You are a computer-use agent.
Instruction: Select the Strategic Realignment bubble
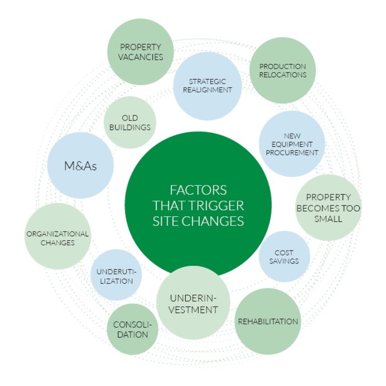[207, 86]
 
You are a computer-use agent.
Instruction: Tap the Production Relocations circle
[283, 70]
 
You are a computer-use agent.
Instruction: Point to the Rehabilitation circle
[268, 321]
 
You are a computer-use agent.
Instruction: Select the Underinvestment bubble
[193, 304]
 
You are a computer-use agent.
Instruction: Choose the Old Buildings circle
[130, 122]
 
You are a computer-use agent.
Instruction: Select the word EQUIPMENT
[293, 144]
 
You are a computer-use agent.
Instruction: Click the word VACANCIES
[140, 57]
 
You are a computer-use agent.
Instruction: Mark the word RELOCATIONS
[283, 75]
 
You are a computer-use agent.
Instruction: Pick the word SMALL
[328, 220]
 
